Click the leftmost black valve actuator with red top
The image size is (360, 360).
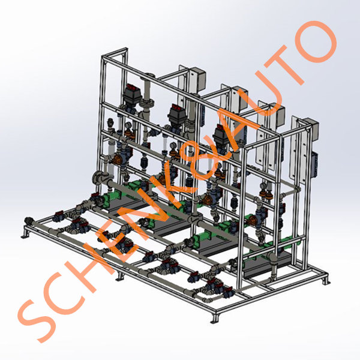[x=132, y=93]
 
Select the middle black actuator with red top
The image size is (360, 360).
[x=176, y=114]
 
